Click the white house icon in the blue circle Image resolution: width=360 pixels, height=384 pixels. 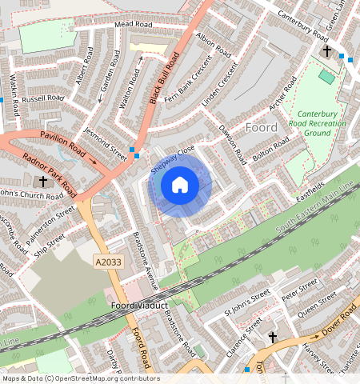[180, 186]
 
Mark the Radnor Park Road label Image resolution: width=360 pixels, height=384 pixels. [49, 171]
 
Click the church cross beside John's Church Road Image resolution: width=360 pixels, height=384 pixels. [43, 182]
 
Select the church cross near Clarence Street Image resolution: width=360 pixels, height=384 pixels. [272, 338]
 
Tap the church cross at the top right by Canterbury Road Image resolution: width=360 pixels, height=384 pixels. [326, 52]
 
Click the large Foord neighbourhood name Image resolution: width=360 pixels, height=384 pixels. [262, 128]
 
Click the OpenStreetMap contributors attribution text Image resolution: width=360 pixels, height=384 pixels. [81, 378]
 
